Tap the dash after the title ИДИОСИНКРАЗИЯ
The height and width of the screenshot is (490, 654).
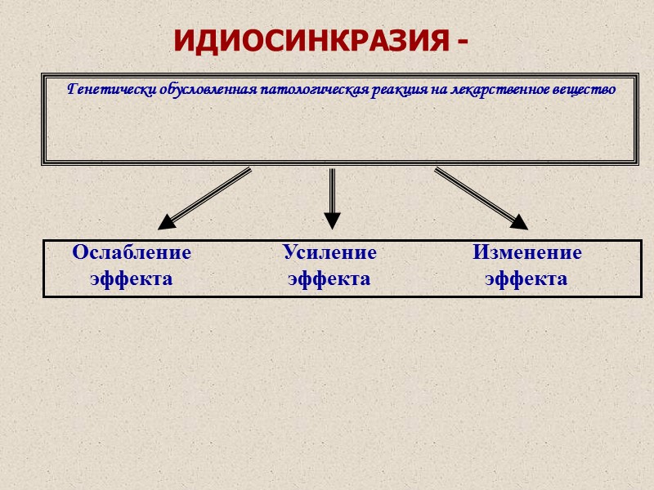tap(464, 42)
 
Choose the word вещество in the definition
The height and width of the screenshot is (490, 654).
tap(586, 88)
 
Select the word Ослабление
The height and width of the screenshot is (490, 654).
tap(132, 253)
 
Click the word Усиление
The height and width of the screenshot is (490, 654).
tap(329, 253)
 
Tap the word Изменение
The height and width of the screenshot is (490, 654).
tap(526, 253)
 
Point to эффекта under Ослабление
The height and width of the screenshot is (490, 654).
tap(132, 279)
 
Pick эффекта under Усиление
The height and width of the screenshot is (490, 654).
tap(329, 279)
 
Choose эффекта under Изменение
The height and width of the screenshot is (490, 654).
tap(526, 279)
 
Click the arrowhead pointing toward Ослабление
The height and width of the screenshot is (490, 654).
tap(167, 221)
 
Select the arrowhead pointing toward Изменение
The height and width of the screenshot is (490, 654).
tap(518, 220)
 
